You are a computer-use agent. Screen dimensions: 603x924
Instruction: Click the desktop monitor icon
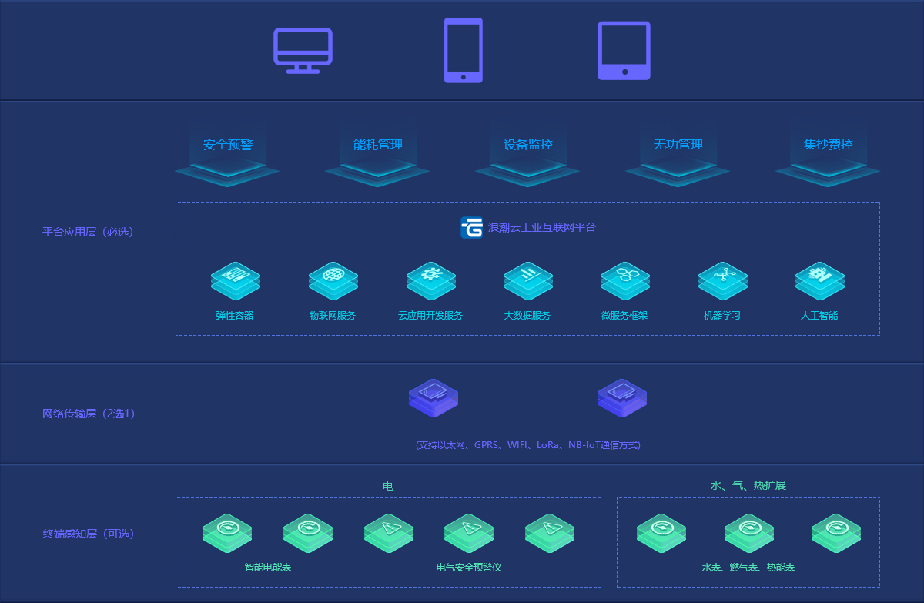(303, 50)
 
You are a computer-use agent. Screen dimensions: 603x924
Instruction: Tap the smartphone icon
(463, 50)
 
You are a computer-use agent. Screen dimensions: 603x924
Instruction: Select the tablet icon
(624, 50)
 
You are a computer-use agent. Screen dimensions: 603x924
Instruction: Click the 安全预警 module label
(228, 145)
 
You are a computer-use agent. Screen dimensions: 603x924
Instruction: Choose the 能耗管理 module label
(377, 145)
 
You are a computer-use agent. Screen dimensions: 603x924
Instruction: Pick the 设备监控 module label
(527, 145)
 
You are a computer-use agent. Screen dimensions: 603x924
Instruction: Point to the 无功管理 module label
(678, 145)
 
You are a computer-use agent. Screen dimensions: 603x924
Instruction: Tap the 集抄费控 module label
(828, 145)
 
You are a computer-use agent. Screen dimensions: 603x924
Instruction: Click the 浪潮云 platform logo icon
(471, 228)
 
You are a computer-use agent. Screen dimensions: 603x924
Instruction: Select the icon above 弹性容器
(235, 279)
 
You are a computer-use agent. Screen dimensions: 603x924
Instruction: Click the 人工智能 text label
(819, 316)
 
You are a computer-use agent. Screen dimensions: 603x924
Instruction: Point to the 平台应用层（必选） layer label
(88, 232)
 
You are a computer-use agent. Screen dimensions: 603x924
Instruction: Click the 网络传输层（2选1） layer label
(89, 414)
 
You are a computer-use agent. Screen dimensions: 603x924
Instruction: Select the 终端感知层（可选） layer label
(88, 534)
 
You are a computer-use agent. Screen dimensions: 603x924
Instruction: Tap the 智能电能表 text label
(267, 568)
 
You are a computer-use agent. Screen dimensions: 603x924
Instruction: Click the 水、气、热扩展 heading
(748, 486)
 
